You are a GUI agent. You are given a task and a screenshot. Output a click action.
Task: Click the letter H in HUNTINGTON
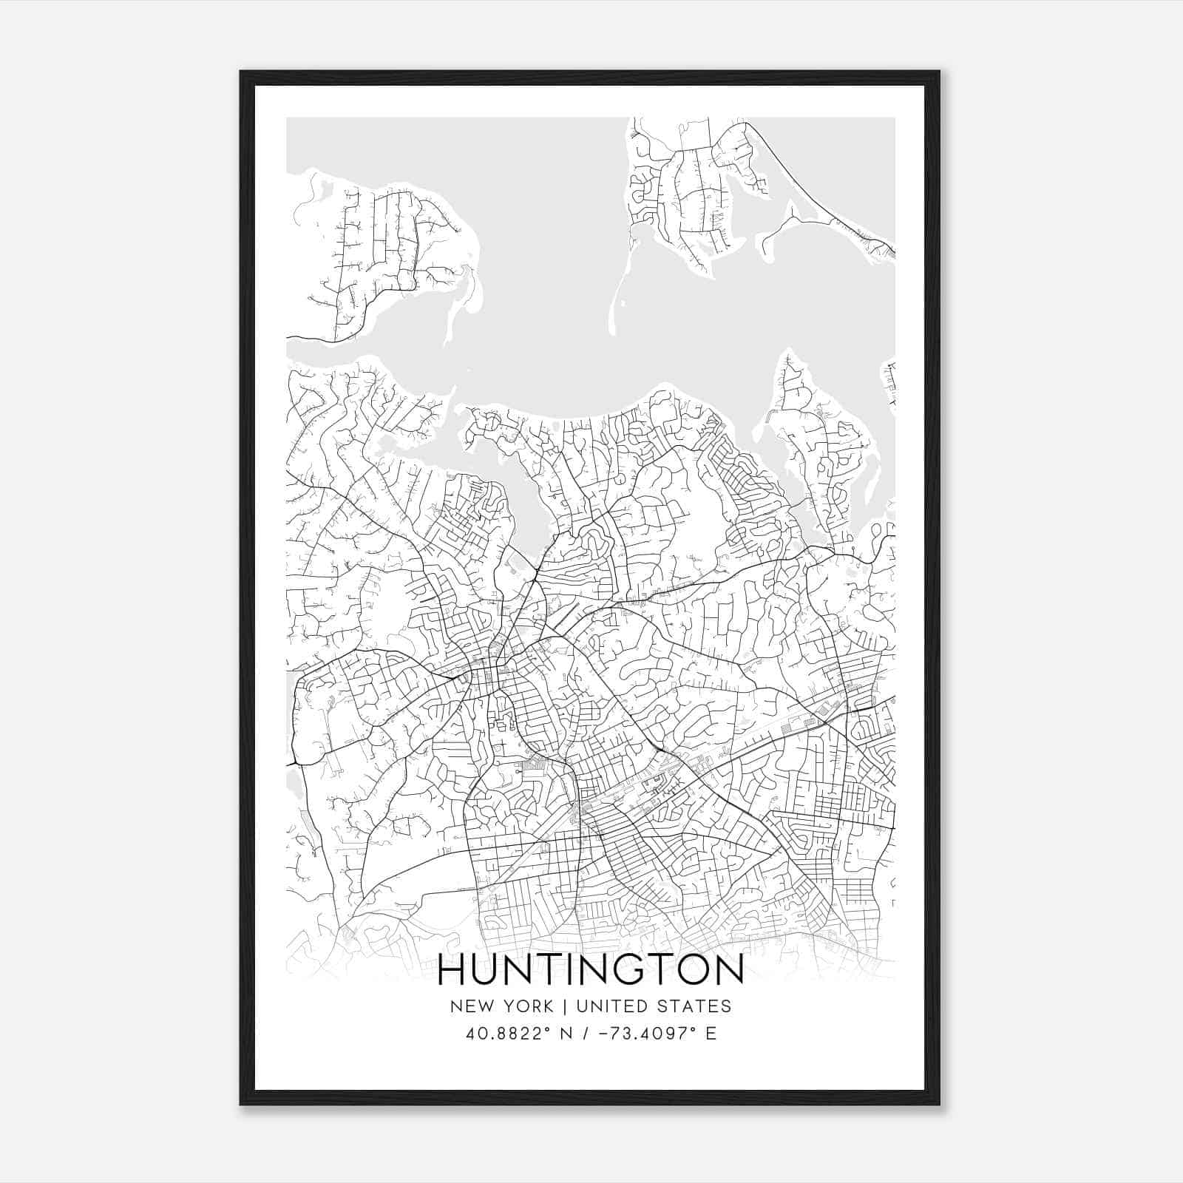pyautogui.click(x=452, y=971)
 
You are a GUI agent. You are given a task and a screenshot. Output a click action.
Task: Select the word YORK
pyautogui.click(x=526, y=1006)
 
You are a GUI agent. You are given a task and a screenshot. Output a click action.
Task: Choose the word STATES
pyautogui.click(x=694, y=1006)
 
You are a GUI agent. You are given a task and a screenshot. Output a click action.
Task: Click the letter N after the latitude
pyautogui.click(x=567, y=1034)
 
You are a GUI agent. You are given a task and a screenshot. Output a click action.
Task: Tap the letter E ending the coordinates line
pyautogui.click(x=711, y=1034)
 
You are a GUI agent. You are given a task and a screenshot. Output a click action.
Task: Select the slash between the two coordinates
pyautogui.click(x=586, y=1034)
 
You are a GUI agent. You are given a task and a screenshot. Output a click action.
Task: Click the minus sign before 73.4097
pyautogui.click(x=606, y=1034)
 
